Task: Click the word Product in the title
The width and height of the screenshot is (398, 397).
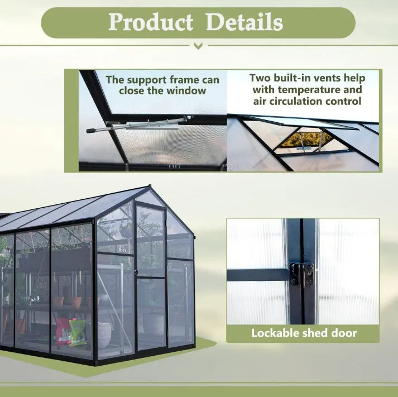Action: point(150,22)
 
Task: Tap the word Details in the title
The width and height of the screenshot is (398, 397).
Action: point(244,22)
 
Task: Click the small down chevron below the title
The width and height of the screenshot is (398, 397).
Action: point(198,46)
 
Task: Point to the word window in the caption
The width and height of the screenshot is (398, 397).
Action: point(188,90)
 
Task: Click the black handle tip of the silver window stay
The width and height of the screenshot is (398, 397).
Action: point(90,130)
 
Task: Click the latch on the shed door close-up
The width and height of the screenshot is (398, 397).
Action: point(301,274)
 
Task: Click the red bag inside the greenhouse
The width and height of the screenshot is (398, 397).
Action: point(63,331)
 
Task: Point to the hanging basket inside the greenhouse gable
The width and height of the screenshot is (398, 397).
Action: point(126,229)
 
